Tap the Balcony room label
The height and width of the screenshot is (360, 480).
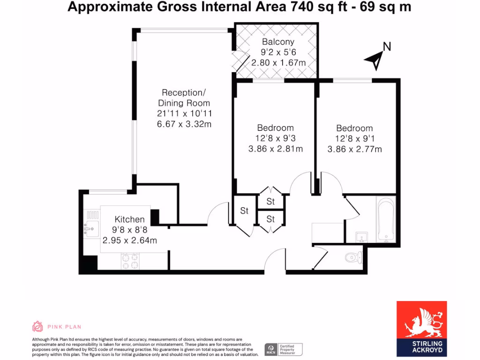click(x=278, y=42)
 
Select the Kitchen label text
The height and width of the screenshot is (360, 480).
click(x=129, y=219)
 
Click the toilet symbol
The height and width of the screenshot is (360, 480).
click(x=353, y=257)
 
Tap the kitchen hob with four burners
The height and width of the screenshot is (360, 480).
click(x=131, y=261)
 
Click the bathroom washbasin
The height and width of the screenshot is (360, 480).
click(x=361, y=237)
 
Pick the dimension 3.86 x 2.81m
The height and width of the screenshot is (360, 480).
click(x=275, y=149)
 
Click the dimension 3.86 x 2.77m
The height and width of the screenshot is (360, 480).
click(x=354, y=150)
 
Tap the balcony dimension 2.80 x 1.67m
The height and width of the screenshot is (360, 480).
click(x=278, y=63)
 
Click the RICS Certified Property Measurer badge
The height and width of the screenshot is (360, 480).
click(x=284, y=349)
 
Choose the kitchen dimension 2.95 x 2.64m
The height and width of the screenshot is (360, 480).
click(x=129, y=240)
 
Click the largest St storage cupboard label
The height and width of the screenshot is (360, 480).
click(x=244, y=211)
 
